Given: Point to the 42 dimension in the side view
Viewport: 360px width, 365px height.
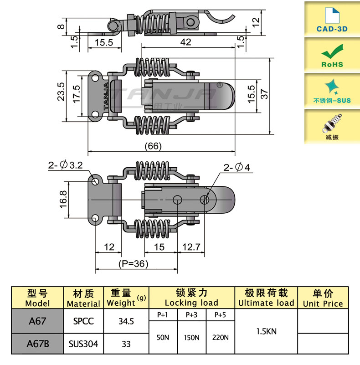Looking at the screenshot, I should coord(185,42).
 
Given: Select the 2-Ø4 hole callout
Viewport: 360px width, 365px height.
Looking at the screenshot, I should coord(237,168).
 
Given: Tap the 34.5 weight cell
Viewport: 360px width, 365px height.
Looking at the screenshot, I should coord(126,321).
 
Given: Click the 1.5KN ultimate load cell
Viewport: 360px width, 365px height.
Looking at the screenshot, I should coord(266,332).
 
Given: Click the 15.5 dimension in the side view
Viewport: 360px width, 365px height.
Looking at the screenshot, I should coord(98,42).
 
